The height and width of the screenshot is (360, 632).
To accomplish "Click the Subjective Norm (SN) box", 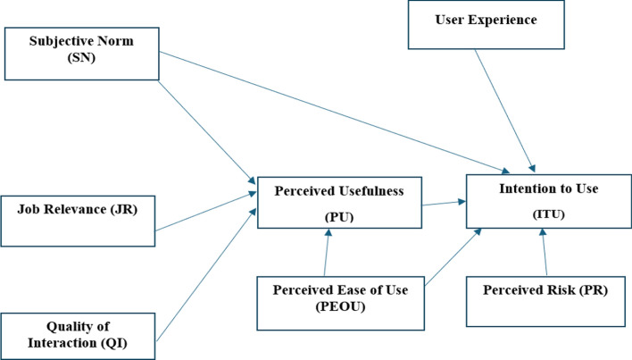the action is pyautogui.click(x=82, y=54).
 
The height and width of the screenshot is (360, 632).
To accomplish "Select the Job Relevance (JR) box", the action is pyautogui.click(x=78, y=221).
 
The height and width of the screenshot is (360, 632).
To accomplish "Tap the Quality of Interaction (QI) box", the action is pyautogui.click(x=78, y=336).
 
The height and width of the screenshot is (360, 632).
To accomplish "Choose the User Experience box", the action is pyautogui.click(x=486, y=25).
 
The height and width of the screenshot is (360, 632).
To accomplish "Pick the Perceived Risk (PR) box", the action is pyautogui.click(x=545, y=301).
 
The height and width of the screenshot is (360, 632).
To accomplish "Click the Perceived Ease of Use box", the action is pyautogui.click(x=341, y=303).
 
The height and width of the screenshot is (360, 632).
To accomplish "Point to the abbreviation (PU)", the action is pyautogui.click(x=339, y=217).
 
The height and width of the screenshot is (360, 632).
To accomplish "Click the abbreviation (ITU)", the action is pyautogui.click(x=549, y=214).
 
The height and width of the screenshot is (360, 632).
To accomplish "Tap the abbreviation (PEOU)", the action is pyautogui.click(x=341, y=306).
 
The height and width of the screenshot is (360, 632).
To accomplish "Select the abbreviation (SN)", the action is pyautogui.click(x=81, y=58).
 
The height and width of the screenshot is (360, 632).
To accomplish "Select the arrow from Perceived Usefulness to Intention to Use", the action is pyautogui.click(x=444, y=203).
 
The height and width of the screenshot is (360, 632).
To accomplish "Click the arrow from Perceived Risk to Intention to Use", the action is pyautogui.click(x=545, y=252).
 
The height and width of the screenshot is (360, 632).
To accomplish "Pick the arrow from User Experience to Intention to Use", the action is pyautogui.click(x=504, y=111).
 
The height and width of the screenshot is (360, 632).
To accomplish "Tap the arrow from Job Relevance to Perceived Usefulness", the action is pyautogui.click(x=205, y=212).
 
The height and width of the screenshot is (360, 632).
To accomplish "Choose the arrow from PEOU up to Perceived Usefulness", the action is pyautogui.click(x=327, y=253).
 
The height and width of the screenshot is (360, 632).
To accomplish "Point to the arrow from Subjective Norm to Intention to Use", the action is pyautogui.click(x=335, y=113).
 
